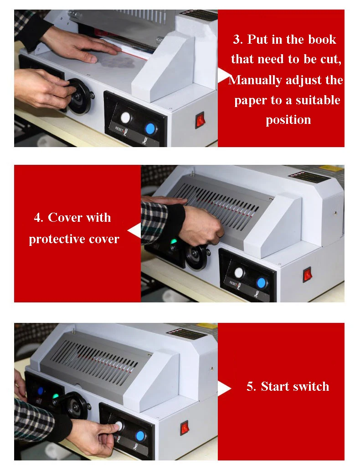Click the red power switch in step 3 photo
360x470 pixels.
[x=200, y=120]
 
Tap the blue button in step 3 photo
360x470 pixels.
[x=150, y=129]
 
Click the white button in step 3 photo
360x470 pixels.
[x=126, y=118]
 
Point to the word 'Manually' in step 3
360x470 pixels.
[x=255, y=80]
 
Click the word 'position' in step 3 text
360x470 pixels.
[x=288, y=120]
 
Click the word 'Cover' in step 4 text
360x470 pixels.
[x=65, y=217]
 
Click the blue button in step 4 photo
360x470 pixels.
[x=261, y=283]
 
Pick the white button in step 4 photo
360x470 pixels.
[x=239, y=273]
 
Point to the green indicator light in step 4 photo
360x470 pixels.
[x=173, y=241]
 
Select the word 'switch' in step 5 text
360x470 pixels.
[x=311, y=386]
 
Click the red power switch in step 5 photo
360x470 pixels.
[x=185, y=428]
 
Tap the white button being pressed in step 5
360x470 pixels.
[x=119, y=426]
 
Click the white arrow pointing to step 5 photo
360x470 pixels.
[x=224, y=389]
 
